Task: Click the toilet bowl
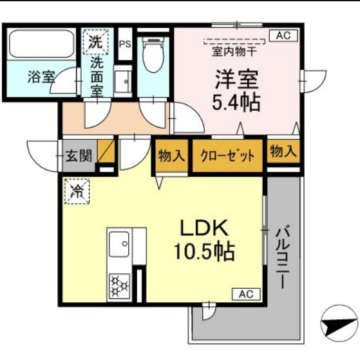(153, 57)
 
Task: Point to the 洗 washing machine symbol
(95, 43)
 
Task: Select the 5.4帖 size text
(237, 101)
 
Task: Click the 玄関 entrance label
(79, 155)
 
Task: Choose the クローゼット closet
(227, 156)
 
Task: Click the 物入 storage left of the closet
(171, 155)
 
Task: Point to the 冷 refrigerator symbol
(77, 191)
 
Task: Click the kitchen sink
(118, 245)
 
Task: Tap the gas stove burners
(118, 285)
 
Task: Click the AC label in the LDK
(245, 294)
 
